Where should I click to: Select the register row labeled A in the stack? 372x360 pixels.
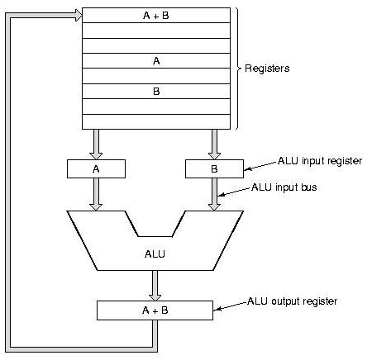[x=156, y=60]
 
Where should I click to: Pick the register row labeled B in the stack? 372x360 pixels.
[x=156, y=91]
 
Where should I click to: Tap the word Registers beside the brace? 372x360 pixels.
[x=266, y=68]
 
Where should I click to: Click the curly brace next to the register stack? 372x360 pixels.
[x=238, y=68]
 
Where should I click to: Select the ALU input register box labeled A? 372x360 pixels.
[x=96, y=168]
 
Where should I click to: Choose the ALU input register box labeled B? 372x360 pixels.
[x=215, y=168]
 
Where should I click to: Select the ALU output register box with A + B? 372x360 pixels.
[x=155, y=310]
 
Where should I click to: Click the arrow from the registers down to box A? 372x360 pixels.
[x=96, y=144]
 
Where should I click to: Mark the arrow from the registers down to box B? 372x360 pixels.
[x=215, y=144]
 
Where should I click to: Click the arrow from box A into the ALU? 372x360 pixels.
[x=96, y=193]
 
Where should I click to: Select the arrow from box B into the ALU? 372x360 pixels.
[x=215, y=193]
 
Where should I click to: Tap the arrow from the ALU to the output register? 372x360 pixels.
[x=155, y=285]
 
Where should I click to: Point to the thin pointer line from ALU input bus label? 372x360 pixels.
[x=237, y=193]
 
